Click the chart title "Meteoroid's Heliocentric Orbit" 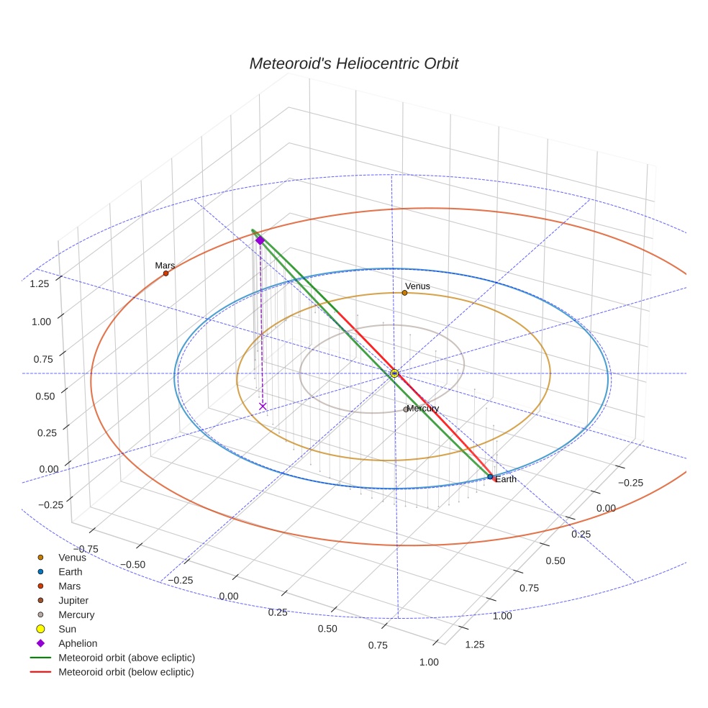click(353, 63)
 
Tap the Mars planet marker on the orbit click(165, 273)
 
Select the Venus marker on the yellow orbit click(404, 293)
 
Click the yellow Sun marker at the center click(394, 373)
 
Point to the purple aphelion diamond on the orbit click(260, 240)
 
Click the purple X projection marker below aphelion click(263, 407)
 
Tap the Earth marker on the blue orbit click(490, 477)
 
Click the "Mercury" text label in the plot click(423, 409)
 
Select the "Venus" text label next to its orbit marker click(417, 286)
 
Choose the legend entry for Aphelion click(77, 643)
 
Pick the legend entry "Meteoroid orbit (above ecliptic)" click(126, 658)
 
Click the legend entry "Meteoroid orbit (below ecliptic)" click(126, 672)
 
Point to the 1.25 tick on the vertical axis click(40, 283)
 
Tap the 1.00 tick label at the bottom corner click(428, 663)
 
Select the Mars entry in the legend click(69, 586)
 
